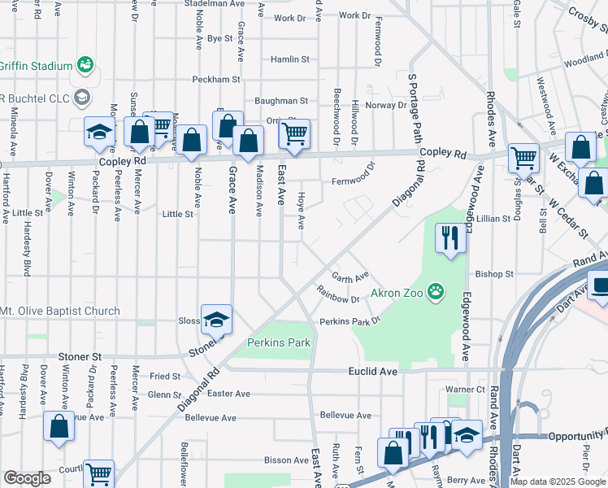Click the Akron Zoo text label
[x=397, y=293]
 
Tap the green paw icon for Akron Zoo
[x=436, y=290]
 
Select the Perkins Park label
[x=279, y=342]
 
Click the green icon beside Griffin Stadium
[x=84, y=63]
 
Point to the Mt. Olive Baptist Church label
[x=60, y=311]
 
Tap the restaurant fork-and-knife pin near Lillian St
[x=451, y=238]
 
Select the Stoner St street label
[x=79, y=356]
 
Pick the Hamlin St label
[x=290, y=59]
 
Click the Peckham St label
[x=216, y=80]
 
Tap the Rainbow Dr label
[x=338, y=299]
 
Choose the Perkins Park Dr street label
[x=350, y=321]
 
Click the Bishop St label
[x=494, y=274]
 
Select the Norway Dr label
[x=385, y=105]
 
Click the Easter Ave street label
[x=228, y=394]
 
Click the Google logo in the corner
[x=26, y=478]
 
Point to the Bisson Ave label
[x=284, y=460]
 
